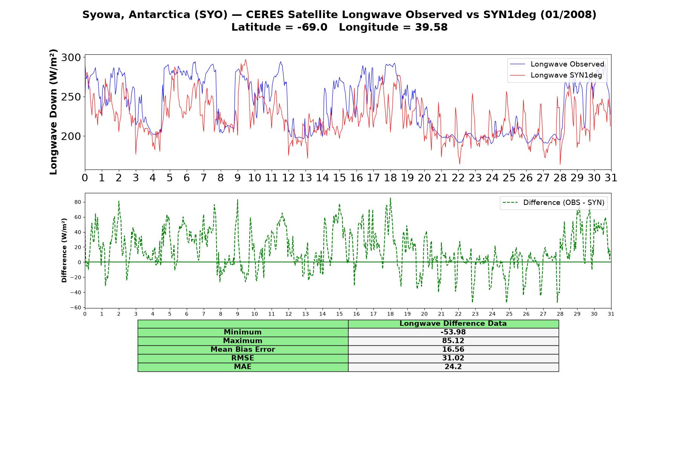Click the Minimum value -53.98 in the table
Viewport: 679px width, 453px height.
(x=453, y=332)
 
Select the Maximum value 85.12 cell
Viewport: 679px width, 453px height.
(x=453, y=341)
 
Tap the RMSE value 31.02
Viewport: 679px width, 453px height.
(x=453, y=358)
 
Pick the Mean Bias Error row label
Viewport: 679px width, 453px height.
(x=243, y=350)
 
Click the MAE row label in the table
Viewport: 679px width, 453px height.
(x=243, y=367)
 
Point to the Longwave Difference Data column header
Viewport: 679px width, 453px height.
(x=453, y=324)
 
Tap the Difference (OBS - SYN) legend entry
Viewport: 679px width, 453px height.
(x=553, y=203)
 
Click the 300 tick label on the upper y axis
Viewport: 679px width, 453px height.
(x=71, y=58)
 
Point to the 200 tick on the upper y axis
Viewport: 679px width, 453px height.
(x=71, y=136)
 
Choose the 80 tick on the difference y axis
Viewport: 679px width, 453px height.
(x=78, y=202)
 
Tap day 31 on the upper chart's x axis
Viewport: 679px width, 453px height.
(x=611, y=178)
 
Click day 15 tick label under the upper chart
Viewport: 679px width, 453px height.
(x=339, y=178)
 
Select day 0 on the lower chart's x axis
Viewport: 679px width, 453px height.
(x=85, y=314)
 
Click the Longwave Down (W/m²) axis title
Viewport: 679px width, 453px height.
(x=54, y=112)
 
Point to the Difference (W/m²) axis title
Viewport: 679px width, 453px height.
(x=65, y=250)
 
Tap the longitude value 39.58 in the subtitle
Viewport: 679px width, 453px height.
(x=432, y=27)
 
